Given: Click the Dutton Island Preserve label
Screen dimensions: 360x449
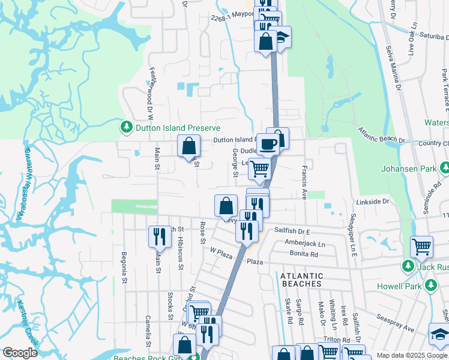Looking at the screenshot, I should point(177,128).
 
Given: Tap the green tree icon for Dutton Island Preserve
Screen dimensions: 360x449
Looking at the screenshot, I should point(127,128).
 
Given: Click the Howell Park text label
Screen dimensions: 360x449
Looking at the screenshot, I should point(399,286).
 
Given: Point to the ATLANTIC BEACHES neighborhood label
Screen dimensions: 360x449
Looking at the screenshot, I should point(301,280).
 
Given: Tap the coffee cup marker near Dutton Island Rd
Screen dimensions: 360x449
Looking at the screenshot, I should point(268,144).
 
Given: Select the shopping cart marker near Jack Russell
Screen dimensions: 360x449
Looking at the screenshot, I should point(421,246).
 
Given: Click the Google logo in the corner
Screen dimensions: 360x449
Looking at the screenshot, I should point(20,353).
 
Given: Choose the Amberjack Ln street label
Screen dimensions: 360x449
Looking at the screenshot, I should point(305,244).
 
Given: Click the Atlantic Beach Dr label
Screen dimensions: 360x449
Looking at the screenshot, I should point(382,135).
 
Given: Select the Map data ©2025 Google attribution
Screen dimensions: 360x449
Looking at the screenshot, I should point(403,355).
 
